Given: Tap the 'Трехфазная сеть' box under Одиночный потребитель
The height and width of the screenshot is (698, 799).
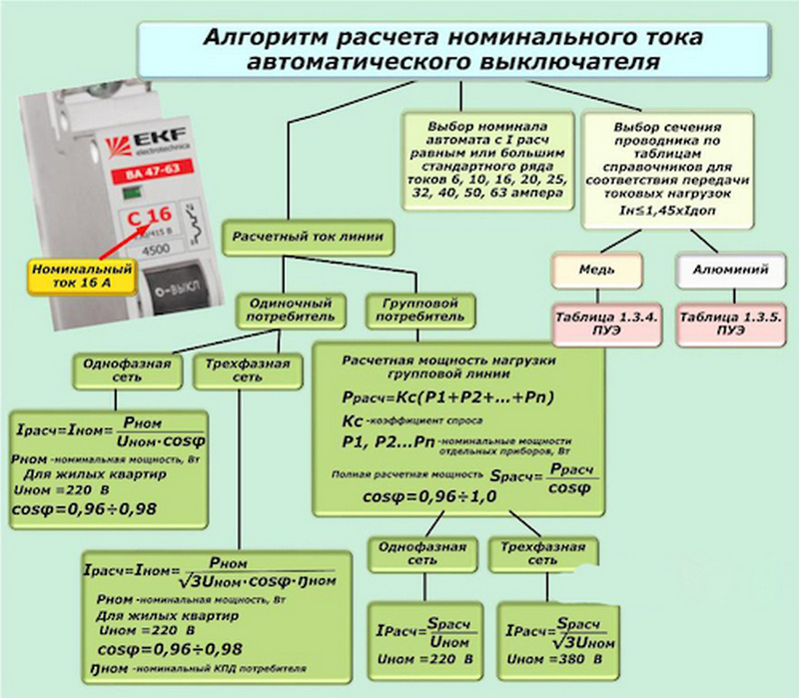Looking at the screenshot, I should [x=241, y=370].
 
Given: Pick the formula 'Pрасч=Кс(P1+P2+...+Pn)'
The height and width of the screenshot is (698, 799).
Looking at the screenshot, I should [x=433, y=397].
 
